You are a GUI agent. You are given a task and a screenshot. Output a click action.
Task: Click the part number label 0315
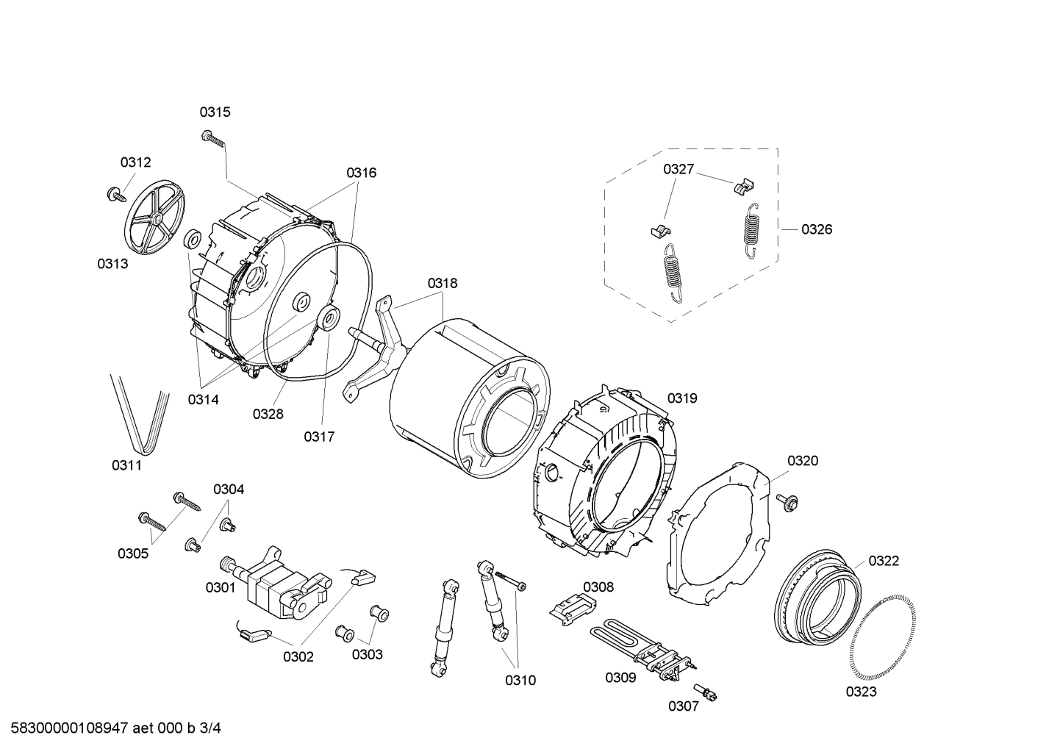tap(215, 112)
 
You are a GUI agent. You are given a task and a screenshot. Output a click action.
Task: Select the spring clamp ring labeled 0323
tap(881, 635)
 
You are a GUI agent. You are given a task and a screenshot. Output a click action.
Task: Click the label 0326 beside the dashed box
tap(817, 229)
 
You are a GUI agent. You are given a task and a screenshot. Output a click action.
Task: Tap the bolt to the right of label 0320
tap(790, 502)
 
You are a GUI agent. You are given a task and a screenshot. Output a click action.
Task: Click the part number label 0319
tap(682, 398)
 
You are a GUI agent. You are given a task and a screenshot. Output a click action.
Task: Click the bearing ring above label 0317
tap(329, 318)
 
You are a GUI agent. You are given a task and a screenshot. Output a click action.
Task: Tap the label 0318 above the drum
tap(443, 283)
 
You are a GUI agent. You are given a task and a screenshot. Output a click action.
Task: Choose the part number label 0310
tap(520, 680)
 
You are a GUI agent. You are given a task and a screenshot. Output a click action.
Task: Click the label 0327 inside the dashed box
tap(678, 169)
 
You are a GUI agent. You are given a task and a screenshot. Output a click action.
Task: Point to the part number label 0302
tap(298, 656)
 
